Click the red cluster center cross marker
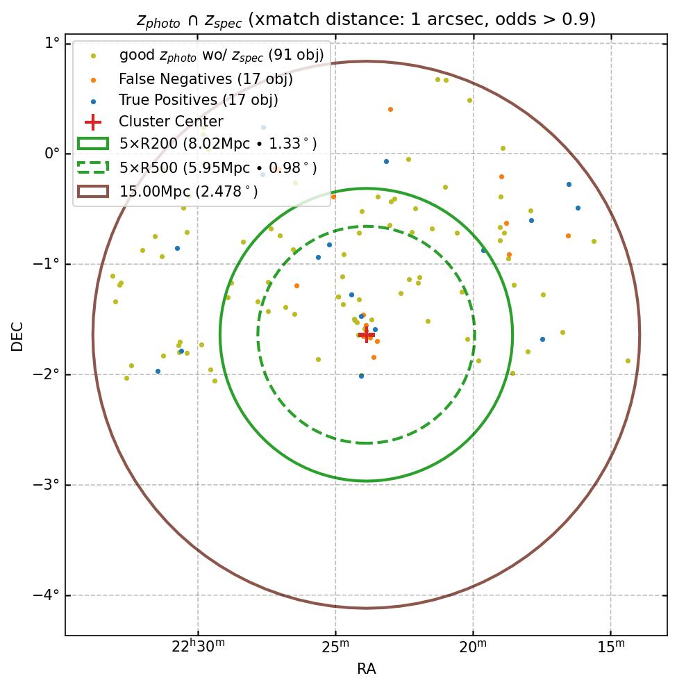[x=367, y=334]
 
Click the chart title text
[x=366, y=19]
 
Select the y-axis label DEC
[x=17, y=336]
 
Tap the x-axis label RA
[x=366, y=669]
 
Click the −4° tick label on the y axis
[x=47, y=595]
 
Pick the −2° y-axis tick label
[x=47, y=374]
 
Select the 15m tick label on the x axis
[x=611, y=647]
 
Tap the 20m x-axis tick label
[x=473, y=647]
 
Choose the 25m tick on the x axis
[x=335, y=647]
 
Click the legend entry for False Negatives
[x=206, y=79]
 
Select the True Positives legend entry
[x=198, y=101]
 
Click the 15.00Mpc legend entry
[x=188, y=191]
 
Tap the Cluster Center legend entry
[x=171, y=122]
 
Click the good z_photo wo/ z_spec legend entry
[x=221, y=55]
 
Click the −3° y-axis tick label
[x=47, y=485]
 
